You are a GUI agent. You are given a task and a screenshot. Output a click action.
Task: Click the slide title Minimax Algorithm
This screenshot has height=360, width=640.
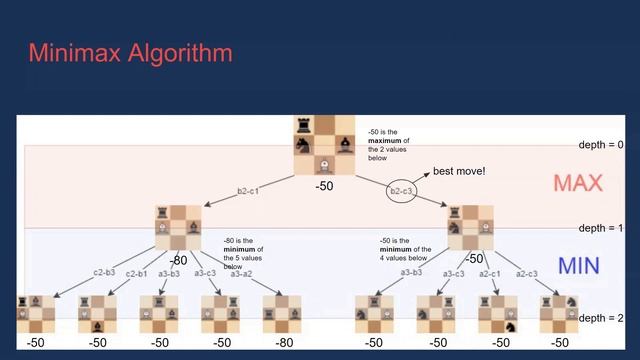130,52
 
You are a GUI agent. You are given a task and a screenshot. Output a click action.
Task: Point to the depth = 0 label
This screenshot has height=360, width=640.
601,145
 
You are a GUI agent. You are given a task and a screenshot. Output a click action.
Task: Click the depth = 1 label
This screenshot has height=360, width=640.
601,228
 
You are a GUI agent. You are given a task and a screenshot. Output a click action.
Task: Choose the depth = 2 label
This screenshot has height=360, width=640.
601,318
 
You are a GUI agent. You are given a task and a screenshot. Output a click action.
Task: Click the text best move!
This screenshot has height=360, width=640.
459,171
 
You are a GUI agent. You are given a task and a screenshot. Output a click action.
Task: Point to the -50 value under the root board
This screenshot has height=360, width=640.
324,186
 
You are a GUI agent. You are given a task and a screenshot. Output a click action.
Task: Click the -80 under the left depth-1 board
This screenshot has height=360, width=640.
178,259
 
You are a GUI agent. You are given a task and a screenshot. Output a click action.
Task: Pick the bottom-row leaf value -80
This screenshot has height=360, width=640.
284,342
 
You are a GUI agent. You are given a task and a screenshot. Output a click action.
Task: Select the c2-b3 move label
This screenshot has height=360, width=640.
105,272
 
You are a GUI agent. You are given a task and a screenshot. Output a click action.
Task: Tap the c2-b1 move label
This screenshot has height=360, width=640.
137,273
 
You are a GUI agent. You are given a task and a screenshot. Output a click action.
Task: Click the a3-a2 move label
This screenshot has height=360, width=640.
241,273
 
